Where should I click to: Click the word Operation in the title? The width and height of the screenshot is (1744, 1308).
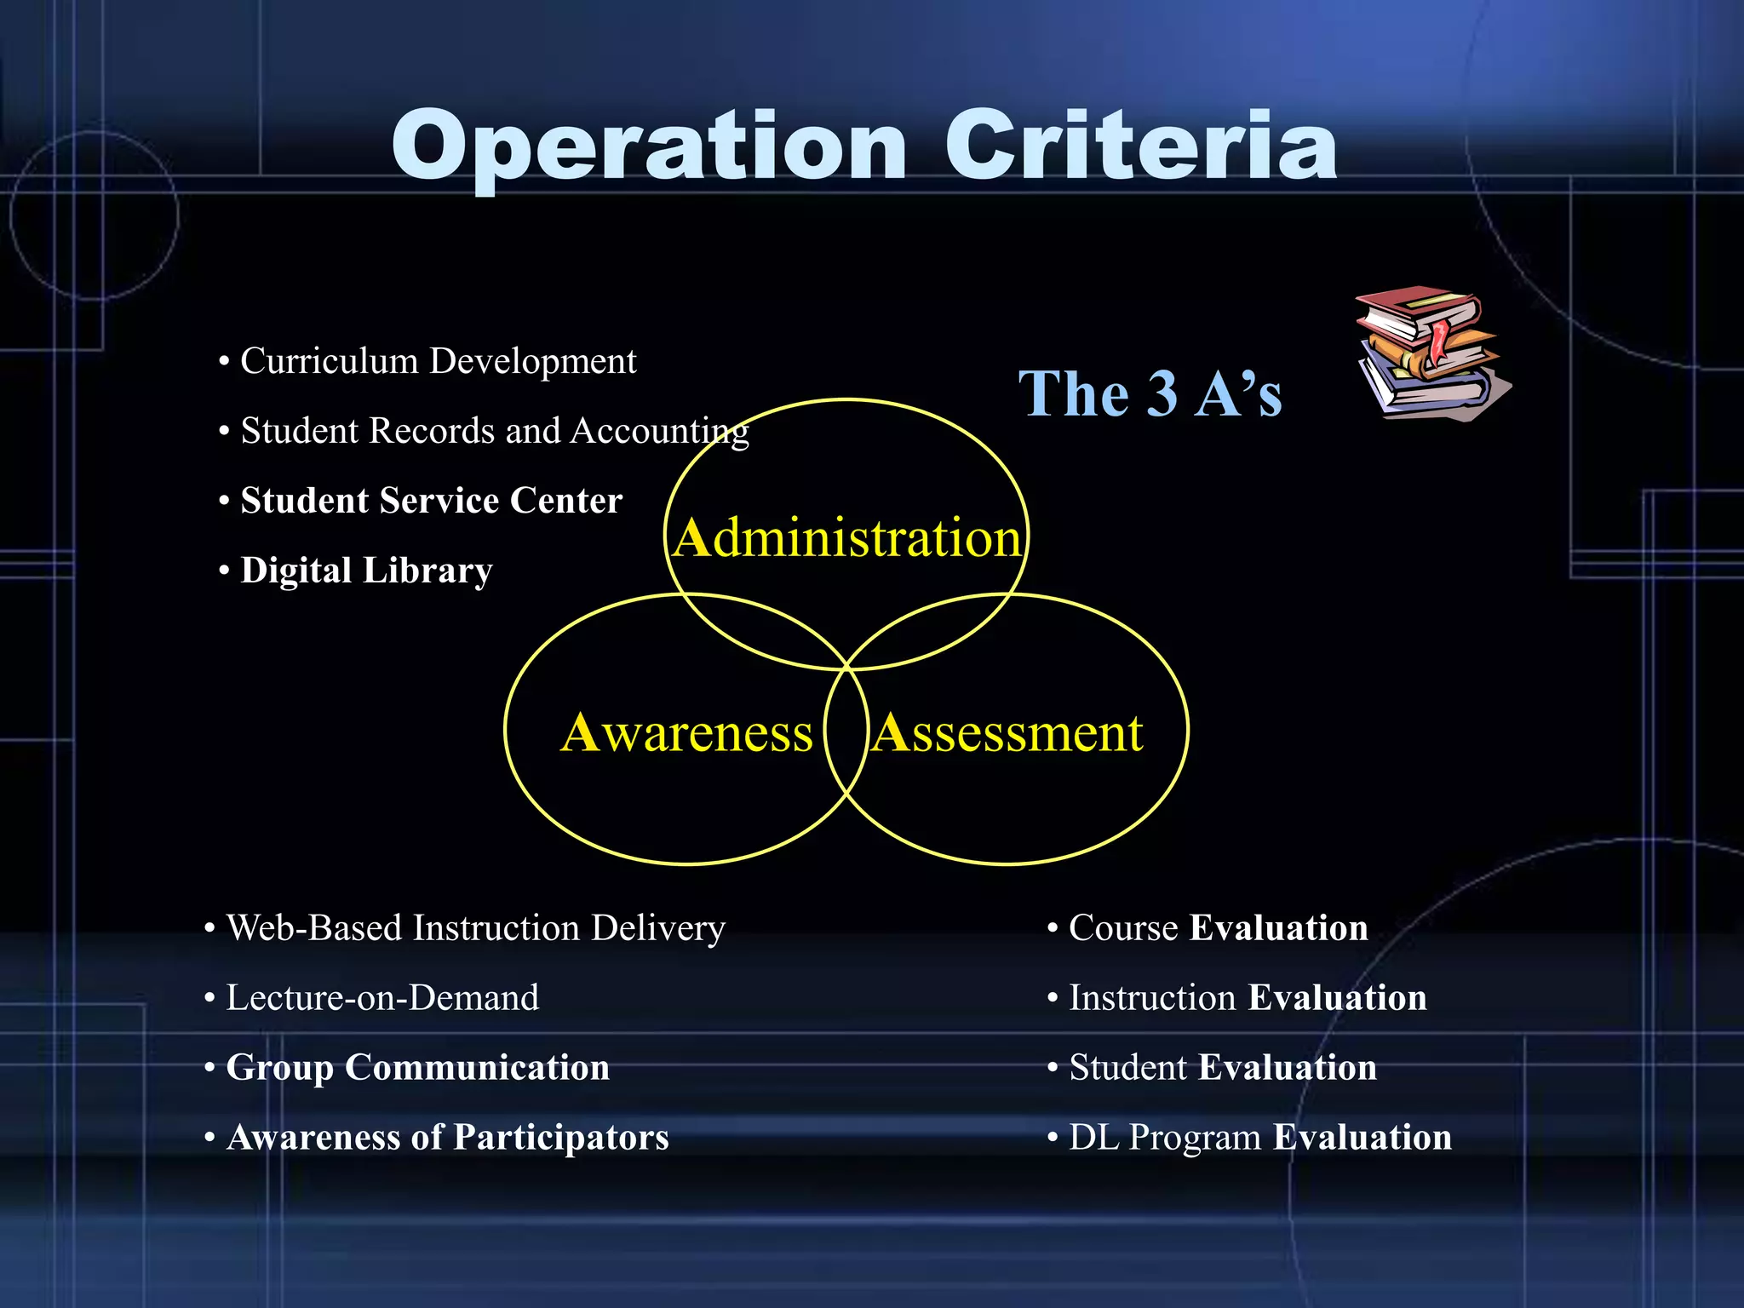[649, 146]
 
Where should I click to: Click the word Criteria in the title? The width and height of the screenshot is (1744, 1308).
[1140, 146]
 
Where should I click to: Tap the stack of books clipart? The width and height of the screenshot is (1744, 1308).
[1431, 353]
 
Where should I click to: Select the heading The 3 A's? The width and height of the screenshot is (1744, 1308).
[1150, 394]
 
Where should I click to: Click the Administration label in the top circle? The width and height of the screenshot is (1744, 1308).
[846, 539]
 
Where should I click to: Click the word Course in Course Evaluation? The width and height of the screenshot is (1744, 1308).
[1123, 928]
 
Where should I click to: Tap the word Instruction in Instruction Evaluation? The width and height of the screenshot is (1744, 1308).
[1152, 998]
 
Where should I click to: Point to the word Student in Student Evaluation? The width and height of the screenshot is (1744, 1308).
[1127, 1068]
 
